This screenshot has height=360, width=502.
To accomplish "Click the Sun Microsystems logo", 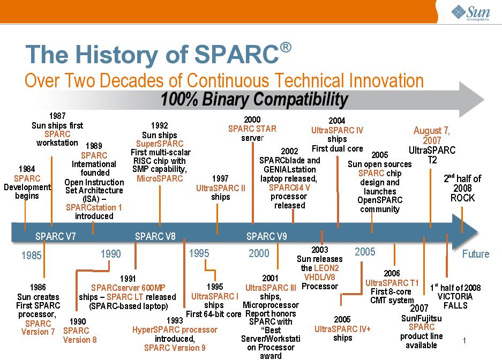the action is pyautogui.click(x=470, y=13).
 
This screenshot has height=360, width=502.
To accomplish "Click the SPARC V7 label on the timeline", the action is pyautogui.click(x=55, y=236).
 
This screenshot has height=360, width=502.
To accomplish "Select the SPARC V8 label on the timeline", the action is pyautogui.click(x=155, y=236).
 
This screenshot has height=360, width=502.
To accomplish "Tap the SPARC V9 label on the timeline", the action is pyautogui.click(x=267, y=236).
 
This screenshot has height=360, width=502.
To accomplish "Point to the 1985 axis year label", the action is pyautogui.click(x=32, y=256).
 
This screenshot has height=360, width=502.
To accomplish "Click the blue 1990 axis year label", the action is pyautogui.click(x=111, y=254).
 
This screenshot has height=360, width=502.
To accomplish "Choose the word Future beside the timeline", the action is pyautogui.click(x=476, y=254).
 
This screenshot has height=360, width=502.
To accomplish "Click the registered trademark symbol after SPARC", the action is pyautogui.click(x=286, y=47).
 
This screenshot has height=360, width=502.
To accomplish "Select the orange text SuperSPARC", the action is pyautogui.click(x=160, y=144).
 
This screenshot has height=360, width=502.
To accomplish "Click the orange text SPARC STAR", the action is pyautogui.click(x=252, y=129).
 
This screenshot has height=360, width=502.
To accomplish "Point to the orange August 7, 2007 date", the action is pyautogui.click(x=432, y=136).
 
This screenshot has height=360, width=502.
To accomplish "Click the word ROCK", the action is pyautogui.click(x=462, y=198).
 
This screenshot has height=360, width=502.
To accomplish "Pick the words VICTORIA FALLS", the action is pyautogui.click(x=455, y=301).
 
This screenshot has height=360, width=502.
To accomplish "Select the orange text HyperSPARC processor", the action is pyautogui.click(x=175, y=329).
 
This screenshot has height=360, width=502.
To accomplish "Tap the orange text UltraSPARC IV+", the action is pyautogui.click(x=342, y=329).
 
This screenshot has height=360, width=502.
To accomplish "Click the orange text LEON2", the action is pyautogui.click(x=326, y=268).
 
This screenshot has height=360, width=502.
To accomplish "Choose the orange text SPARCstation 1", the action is pyautogui.click(x=94, y=207).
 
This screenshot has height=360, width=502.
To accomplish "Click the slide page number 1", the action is pyautogui.click(x=464, y=341).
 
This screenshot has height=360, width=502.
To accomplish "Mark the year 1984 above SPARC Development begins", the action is pyautogui.click(x=27, y=169).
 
